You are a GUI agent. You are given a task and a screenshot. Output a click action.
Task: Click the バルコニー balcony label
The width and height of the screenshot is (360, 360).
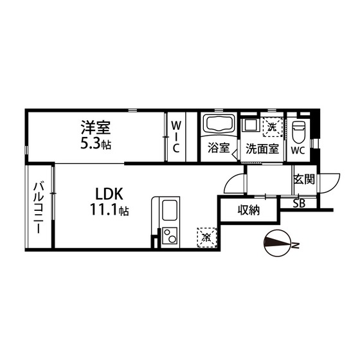coord(39,209)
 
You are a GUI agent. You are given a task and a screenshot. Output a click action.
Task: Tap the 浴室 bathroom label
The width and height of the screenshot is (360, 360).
coord(218,148)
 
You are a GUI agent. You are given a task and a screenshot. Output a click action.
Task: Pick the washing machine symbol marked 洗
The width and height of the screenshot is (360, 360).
coord(273,126)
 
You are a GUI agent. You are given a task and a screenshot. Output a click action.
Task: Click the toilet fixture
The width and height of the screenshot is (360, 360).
coord(297,131)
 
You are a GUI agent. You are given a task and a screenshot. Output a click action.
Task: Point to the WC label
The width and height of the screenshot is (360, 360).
coord(297,151)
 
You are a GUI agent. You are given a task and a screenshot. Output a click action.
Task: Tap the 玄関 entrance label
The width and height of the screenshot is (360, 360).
coord(303,179)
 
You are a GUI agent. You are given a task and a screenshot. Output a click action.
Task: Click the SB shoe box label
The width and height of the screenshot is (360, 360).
coord(300,204)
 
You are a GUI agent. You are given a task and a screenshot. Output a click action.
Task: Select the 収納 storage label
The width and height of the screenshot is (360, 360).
coord(248,210)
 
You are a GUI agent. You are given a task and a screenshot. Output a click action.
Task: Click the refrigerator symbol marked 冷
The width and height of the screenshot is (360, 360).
coord(206,236)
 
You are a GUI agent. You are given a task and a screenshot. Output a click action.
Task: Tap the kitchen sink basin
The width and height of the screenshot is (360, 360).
coord(170,210)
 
